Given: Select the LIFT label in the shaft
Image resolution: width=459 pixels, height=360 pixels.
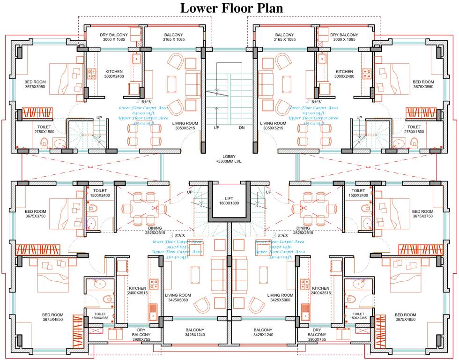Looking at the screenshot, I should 229,199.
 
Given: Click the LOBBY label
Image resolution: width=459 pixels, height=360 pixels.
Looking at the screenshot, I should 229,156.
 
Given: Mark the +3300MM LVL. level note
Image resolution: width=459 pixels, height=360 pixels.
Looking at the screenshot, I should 229,161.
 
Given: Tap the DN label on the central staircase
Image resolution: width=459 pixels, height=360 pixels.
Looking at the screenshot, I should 242,127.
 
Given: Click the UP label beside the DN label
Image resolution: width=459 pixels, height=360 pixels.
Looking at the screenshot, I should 216,127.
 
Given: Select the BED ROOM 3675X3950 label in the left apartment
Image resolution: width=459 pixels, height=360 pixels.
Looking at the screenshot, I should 36,84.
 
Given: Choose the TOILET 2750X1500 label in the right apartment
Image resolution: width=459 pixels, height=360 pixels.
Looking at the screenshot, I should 414,129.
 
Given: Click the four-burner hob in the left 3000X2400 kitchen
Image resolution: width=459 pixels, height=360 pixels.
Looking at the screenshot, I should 91,74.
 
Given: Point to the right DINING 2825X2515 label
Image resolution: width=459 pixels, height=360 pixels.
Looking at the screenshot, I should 303,230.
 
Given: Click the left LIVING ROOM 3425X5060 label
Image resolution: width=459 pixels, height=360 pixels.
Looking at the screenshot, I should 178,298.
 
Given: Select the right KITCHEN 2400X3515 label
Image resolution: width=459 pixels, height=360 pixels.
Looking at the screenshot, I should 321,290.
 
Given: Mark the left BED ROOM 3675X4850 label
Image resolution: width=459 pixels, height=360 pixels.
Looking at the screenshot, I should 53,317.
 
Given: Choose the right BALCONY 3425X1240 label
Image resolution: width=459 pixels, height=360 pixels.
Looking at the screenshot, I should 263,332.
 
